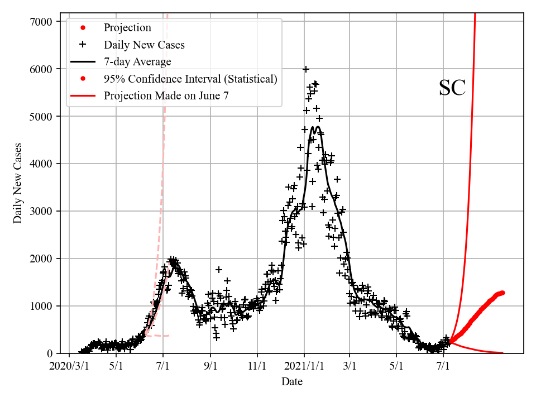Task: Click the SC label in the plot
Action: pyautogui.click(x=452, y=88)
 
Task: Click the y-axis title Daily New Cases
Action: pyautogui.click(x=18, y=183)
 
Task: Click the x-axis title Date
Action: pyautogui.click(x=292, y=382)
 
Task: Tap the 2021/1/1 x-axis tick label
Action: pyautogui.click(x=304, y=366)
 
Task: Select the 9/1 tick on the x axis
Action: pyautogui.click(x=210, y=366)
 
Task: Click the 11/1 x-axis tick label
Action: pyautogui.click(x=257, y=366)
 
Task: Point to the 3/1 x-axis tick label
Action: pyautogui.click(x=350, y=366)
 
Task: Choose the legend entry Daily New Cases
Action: pyautogui.click(x=144, y=45)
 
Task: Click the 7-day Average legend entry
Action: pyautogui.click(x=137, y=61)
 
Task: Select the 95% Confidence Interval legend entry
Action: pyautogui.click(x=190, y=79)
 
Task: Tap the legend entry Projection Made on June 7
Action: pyautogui.click(x=166, y=96)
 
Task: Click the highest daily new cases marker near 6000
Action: pyautogui.click(x=306, y=69)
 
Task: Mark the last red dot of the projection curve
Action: pyautogui.click(x=502, y=293)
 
